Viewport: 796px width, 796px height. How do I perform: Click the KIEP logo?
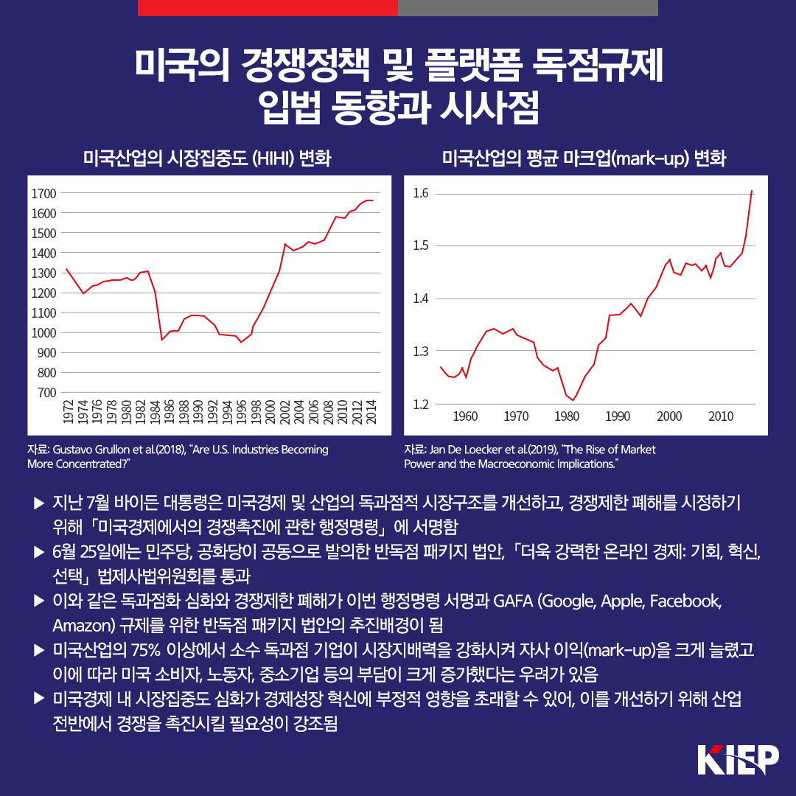tap(737, 759)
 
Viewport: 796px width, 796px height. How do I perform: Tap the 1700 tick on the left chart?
tap(44, 194)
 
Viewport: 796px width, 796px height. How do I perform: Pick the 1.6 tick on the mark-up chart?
tap(422, 194)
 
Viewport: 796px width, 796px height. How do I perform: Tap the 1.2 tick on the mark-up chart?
tap(422, 404)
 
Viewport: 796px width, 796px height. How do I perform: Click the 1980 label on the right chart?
tap(568, 416)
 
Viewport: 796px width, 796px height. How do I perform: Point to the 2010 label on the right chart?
tap(720, 416)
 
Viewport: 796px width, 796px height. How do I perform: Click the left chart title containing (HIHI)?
tap(207, 158)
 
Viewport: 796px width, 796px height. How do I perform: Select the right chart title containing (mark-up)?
tap(584, 158)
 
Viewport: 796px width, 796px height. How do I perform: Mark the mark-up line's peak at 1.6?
tap(752, 191)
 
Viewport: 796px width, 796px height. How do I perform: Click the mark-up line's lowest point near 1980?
tap(574, 400)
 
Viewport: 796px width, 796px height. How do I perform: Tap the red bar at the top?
tap(268, 7)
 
